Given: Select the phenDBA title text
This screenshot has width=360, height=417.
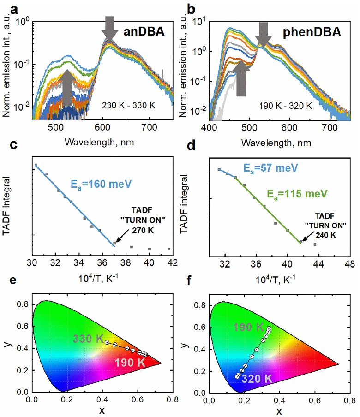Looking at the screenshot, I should coord(319,34).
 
